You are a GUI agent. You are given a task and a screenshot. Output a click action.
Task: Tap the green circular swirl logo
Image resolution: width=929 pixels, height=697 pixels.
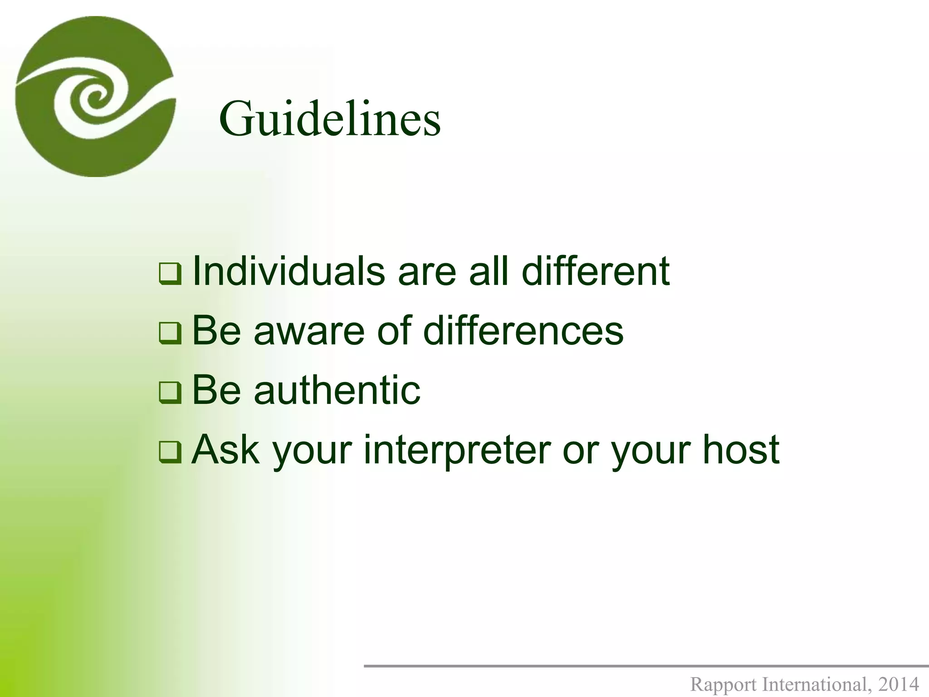tap(95, 96)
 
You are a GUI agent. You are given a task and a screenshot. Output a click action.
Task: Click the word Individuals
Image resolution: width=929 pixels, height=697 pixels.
tap(288, 271)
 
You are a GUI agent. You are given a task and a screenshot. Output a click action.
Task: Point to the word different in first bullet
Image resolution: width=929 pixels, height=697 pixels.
tap(596, 271)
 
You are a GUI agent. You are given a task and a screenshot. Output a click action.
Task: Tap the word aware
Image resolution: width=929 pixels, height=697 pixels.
tap(309, 331)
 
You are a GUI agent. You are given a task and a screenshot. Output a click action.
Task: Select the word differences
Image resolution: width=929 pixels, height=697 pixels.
tap(523, 331)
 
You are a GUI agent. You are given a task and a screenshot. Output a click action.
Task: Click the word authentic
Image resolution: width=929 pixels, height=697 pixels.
tap(337, 390)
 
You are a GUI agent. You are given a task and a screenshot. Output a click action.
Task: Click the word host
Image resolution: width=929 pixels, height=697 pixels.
tap(741, 449)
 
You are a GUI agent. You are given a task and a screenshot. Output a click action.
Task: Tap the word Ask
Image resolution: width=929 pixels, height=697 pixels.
tap(225, 449)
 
